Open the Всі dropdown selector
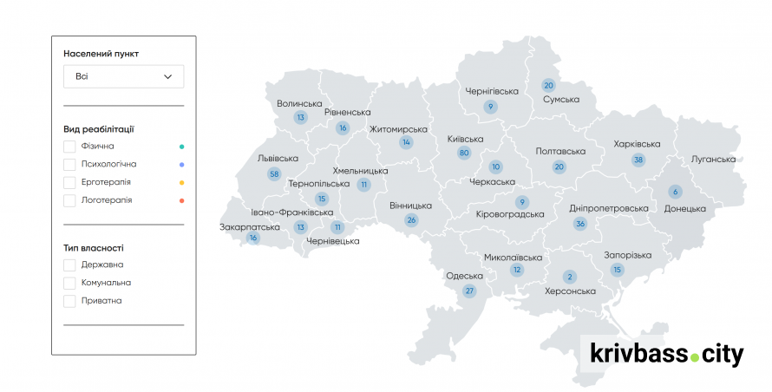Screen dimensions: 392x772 123,76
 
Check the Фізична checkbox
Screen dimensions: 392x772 69,147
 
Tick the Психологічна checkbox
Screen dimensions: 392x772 69,164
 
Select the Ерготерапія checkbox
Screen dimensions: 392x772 69,182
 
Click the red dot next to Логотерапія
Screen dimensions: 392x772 182,200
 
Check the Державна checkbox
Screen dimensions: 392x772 69,265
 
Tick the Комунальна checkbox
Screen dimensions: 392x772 69,283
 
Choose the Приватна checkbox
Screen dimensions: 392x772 69,301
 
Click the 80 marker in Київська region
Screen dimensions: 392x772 464,153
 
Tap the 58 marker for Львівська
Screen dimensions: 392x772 275,174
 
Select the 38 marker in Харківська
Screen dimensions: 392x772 638,160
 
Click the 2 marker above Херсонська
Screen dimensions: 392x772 570,277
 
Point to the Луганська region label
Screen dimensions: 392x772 713,160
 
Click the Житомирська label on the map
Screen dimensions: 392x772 398,129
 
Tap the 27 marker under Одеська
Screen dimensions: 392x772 470,291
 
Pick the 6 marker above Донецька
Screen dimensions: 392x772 675,192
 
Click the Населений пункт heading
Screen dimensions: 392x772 101,54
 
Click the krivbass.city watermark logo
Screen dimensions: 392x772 666,354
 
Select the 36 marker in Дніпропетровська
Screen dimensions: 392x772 580,224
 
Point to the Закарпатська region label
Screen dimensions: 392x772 250,226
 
